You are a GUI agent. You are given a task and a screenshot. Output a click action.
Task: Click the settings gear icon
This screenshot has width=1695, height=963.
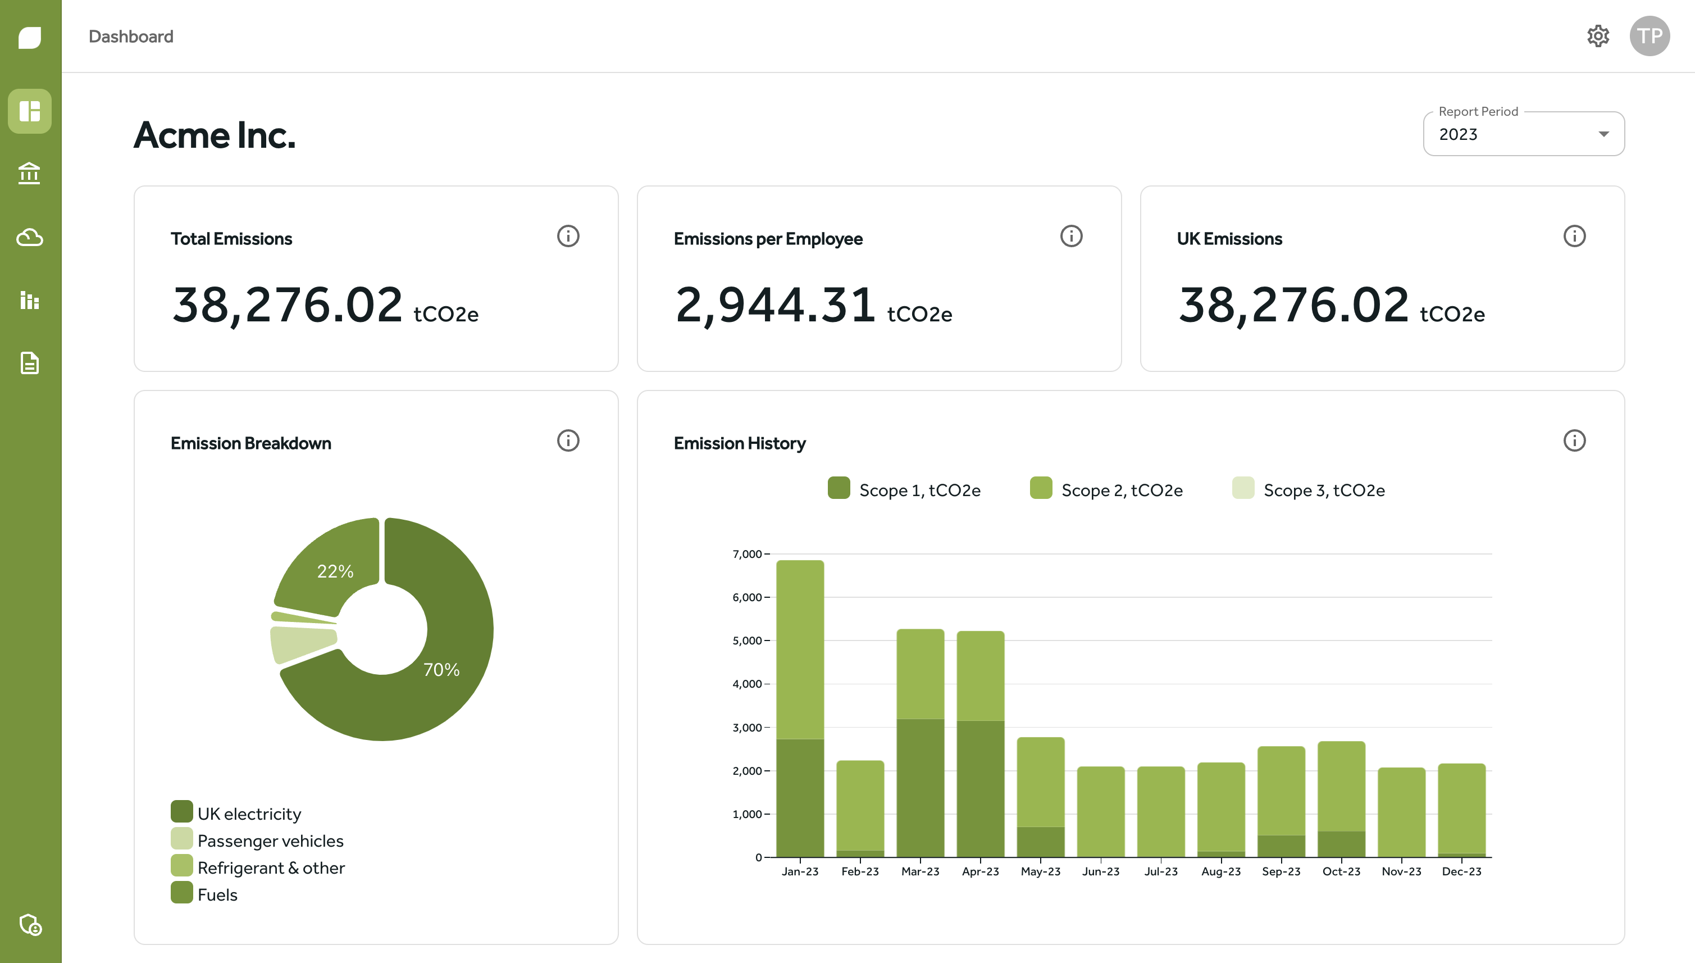(1598, 36)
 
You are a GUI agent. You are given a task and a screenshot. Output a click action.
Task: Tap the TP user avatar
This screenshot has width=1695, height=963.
(1650, 36)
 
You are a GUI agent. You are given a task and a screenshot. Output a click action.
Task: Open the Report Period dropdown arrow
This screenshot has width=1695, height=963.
(1603, 134)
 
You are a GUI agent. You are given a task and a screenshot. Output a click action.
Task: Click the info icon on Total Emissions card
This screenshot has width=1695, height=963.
(568, 236)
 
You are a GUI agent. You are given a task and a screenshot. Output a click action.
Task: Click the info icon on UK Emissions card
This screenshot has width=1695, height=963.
(1574, 236)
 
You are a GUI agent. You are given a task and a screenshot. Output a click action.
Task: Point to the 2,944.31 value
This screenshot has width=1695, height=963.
(776, 305)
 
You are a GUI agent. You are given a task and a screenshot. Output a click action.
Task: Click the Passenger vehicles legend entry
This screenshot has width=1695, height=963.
(270, 841)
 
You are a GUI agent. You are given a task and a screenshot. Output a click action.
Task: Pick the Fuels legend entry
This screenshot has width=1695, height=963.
(217, 895)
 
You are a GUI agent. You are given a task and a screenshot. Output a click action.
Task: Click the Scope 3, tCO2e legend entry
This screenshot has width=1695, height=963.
(1323, 490)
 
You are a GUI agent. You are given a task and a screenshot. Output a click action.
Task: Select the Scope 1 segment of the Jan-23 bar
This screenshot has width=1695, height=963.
(800, 797)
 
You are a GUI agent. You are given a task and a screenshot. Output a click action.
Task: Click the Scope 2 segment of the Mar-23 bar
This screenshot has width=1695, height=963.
(920, 673)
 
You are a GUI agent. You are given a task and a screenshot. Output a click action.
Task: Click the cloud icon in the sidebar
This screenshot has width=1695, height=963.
(30, 237)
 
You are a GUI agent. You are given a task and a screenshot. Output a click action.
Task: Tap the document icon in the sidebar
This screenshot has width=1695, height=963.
(30, 362)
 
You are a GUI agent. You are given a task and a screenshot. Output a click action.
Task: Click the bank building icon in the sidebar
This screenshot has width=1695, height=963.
(30, 173)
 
